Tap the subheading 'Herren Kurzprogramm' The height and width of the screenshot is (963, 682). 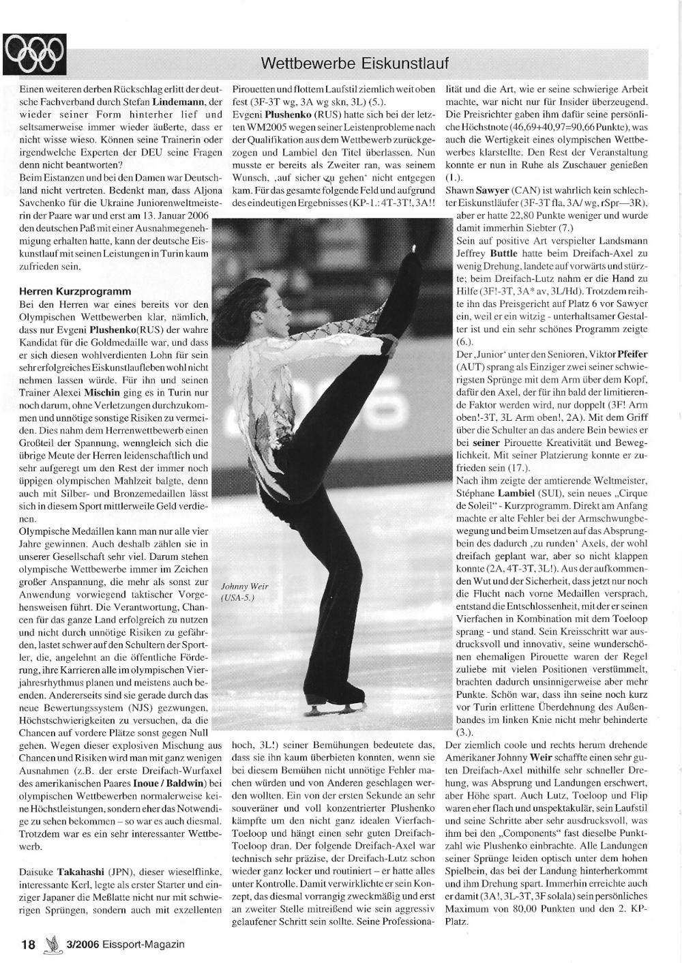point(75,291)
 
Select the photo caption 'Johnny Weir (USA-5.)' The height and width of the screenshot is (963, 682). point(244,591)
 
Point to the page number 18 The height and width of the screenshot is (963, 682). point(28,945)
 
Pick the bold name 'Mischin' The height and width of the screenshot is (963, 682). point(102,394)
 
